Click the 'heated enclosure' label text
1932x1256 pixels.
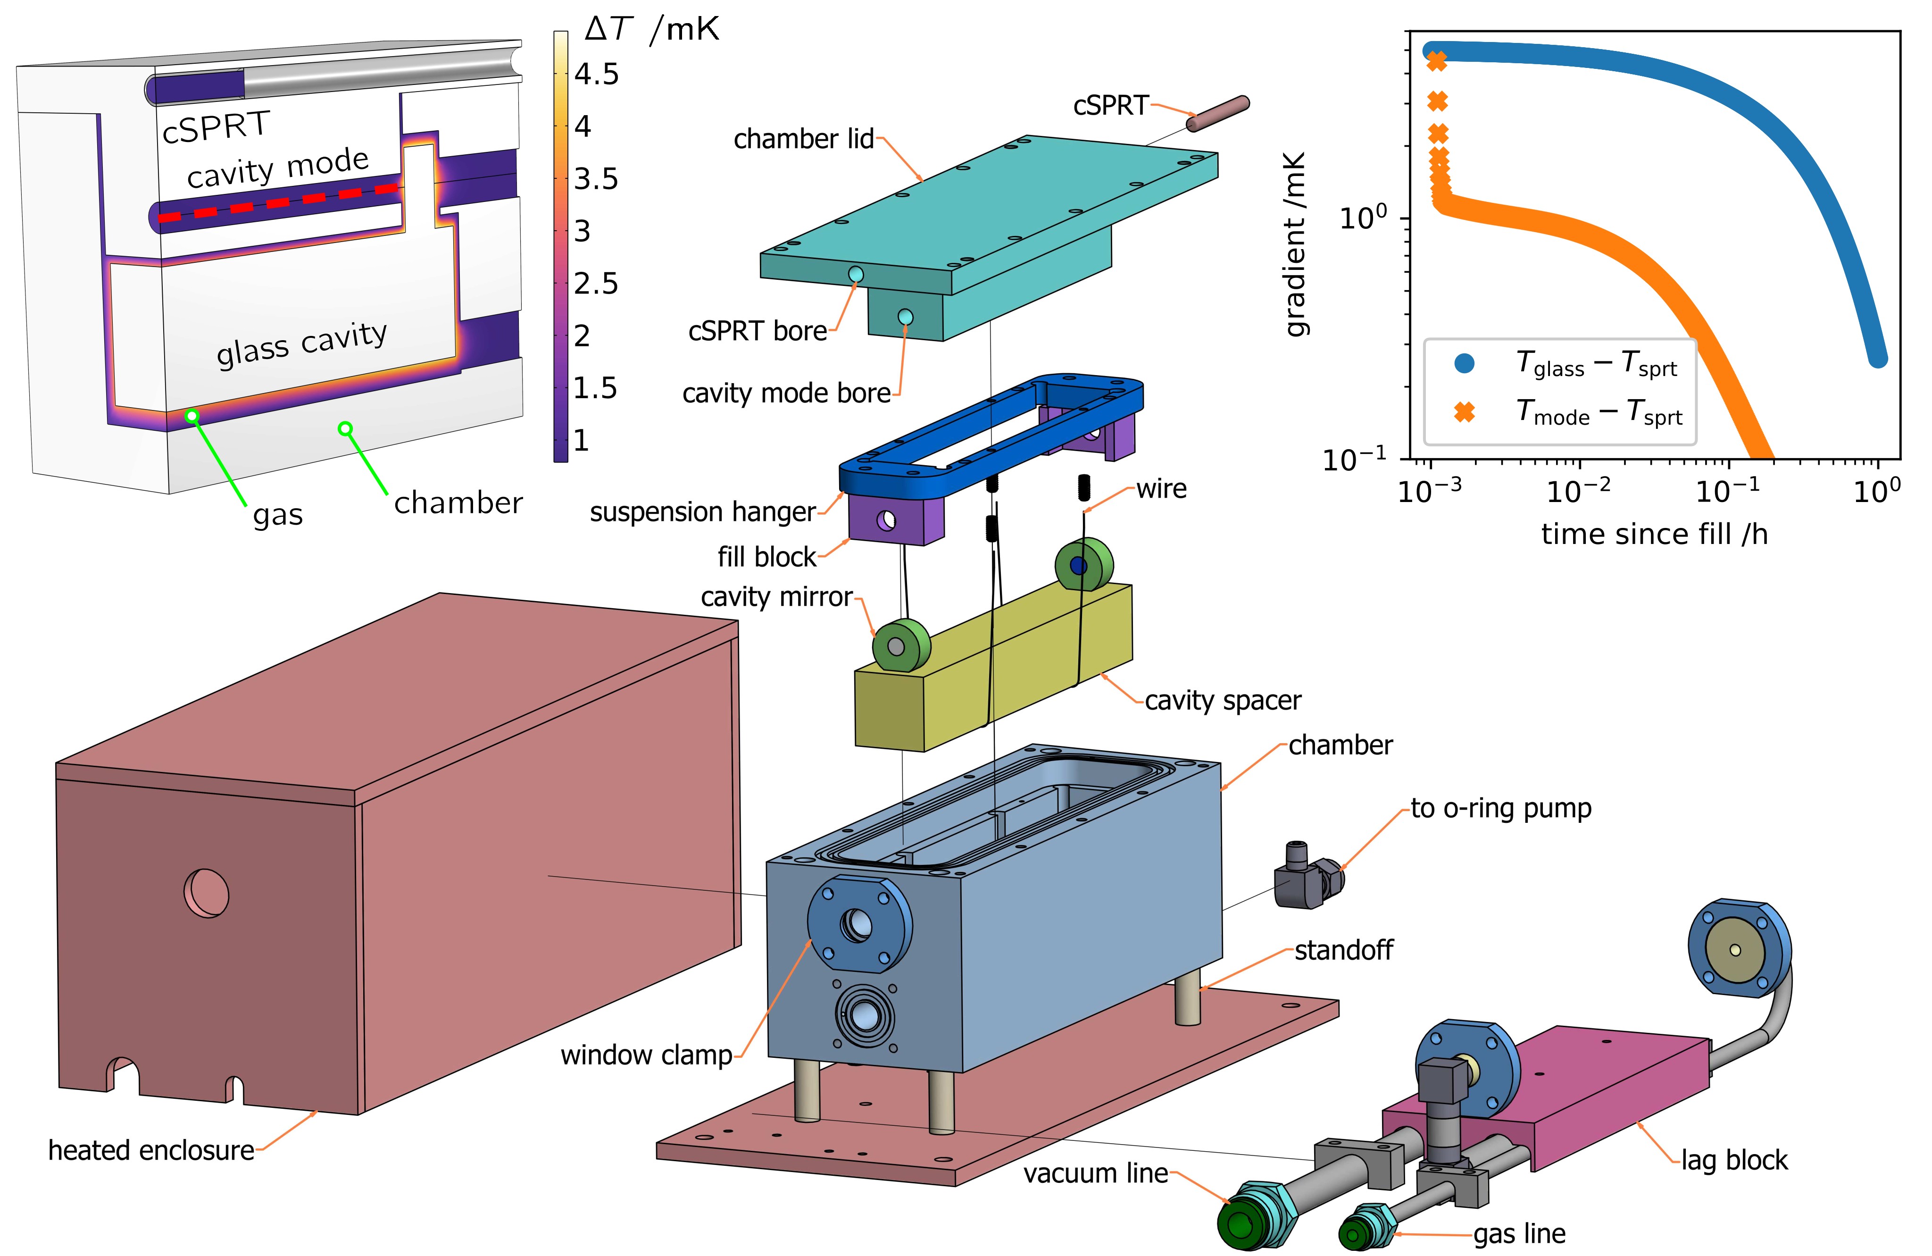click(x=151, y=1150)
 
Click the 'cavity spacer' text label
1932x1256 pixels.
click(x=1223, y=700)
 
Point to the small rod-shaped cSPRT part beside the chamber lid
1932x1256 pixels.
click(x=1218, y=114)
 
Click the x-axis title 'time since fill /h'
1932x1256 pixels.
click(x=1654, y=534)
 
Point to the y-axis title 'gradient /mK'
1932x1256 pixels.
click(x=1296, y=243)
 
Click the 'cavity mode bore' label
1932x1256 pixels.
click(x=787, y=393)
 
